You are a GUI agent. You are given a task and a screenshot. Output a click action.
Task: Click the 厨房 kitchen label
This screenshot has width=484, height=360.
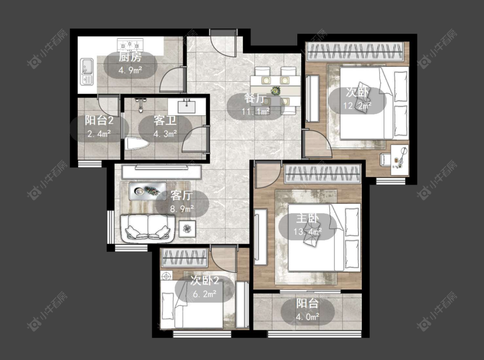pos(130,57)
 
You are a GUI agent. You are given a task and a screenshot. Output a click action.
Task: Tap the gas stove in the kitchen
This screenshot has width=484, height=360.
pos(130,45)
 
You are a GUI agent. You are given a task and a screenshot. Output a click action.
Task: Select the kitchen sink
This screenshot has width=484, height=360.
pos(87,71)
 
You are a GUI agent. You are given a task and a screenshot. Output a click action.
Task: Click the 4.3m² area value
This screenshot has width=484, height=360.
pos(165,134)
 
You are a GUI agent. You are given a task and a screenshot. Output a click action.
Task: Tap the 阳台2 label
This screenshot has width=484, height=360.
pos(99,120)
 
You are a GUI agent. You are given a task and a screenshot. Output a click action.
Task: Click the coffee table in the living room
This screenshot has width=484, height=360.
pos(148,191)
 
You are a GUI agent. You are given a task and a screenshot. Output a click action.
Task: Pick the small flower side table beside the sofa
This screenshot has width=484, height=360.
pos(187,229)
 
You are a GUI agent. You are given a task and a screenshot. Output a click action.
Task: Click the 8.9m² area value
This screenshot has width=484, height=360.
pos(182,209)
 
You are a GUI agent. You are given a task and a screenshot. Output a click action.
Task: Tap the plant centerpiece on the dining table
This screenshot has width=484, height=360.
pos(275,91)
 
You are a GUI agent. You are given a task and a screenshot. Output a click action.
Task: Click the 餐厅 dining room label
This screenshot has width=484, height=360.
pos(255,98)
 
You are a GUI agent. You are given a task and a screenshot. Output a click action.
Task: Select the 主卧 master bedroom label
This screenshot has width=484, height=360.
pos(307,218)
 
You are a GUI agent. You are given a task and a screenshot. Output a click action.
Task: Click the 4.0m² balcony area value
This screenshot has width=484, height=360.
pos(307,317)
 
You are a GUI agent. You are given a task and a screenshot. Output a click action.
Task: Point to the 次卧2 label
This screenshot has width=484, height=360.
pos(205,281)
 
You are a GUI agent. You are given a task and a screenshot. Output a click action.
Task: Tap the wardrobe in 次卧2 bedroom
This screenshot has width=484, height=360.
pos(184,258)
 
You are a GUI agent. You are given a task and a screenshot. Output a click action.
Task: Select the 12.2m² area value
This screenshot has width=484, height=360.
pos(357,106)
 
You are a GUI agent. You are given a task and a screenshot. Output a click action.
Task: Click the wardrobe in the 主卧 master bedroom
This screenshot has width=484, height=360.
pos(323,174)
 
